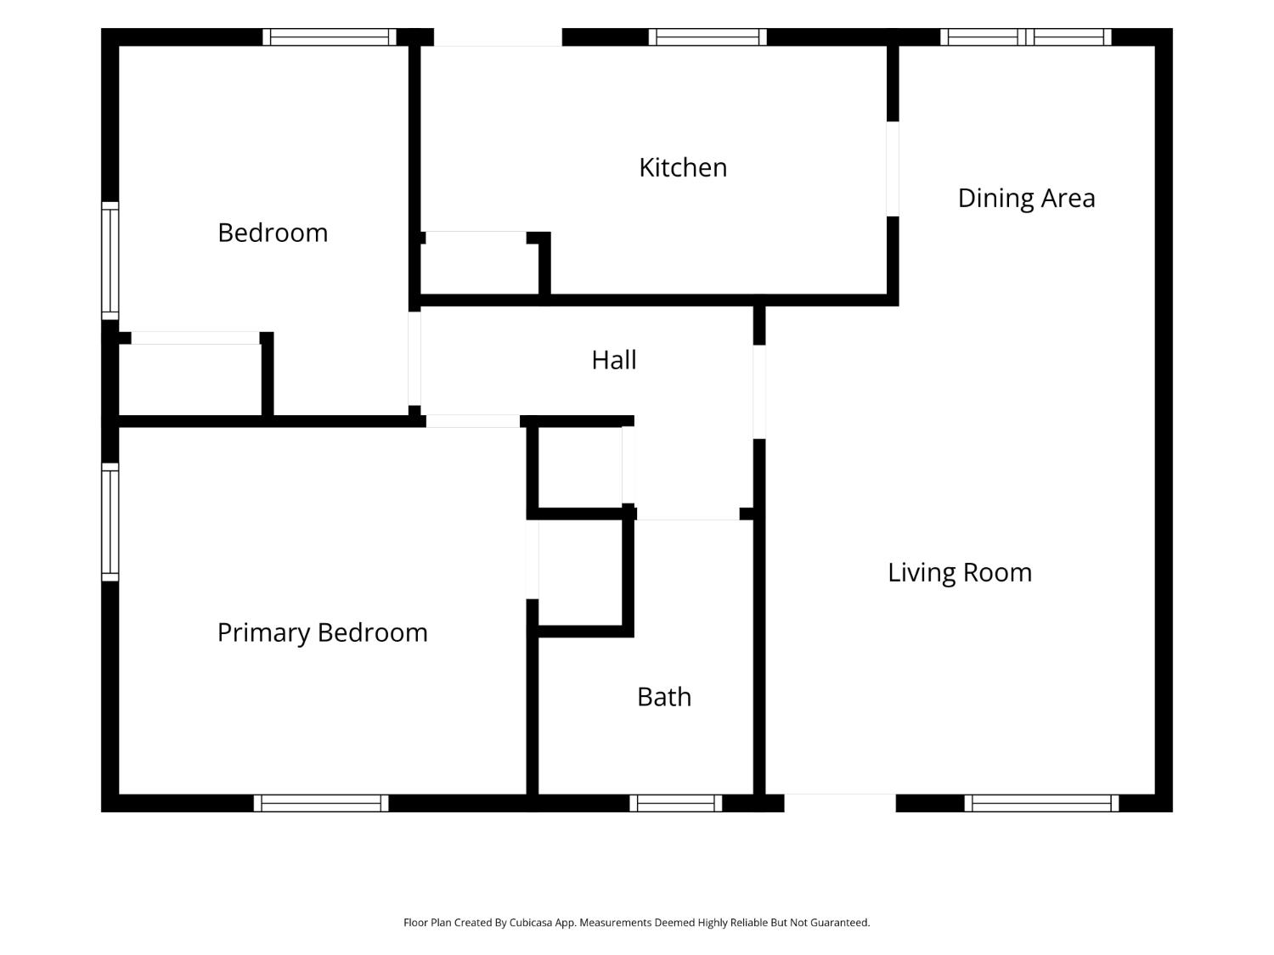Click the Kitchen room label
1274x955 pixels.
point(683,167)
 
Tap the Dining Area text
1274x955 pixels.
point(1026,199)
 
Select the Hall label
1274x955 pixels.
point(613,360)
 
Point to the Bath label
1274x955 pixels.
point(664,697)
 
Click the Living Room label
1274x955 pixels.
point(960,573)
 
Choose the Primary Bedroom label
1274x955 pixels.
point(322,632)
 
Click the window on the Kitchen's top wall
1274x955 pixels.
point(707,37)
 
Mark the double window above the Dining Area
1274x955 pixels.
point(1026,37)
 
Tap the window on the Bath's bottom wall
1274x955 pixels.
point(675,803)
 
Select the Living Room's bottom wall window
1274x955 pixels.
point(1041,803)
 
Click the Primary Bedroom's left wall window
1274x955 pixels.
point(110,522)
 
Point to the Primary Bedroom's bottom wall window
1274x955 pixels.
point(321,803)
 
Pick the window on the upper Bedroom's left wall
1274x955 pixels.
point(110,261)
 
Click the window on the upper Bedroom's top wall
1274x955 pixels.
point(329,37)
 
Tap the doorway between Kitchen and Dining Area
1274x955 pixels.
point(893,169)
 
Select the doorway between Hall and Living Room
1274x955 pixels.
point(759,392)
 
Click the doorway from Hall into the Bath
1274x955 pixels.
point(688,514)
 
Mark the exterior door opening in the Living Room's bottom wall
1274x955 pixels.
point(840,803)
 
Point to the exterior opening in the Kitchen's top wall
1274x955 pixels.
point(498,37)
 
